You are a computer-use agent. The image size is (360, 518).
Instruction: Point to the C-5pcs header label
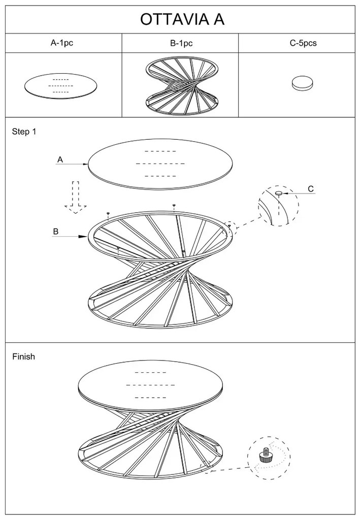tap(303, 43)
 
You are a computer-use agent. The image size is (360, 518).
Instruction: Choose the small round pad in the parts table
tap(303, 84)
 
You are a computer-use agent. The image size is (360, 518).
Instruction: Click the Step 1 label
tap(24, 132)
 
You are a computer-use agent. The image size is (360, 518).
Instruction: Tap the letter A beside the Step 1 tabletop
tap(60, 159)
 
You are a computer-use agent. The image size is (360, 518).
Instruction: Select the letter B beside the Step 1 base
tap(56, 231)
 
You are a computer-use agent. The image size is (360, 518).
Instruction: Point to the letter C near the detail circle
tap(311, 189)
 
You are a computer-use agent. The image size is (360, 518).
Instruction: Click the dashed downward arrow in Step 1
tap(76, 197)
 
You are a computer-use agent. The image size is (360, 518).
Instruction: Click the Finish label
tap(23, 357)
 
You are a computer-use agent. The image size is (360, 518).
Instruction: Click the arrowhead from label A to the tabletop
tap(86, 164)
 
